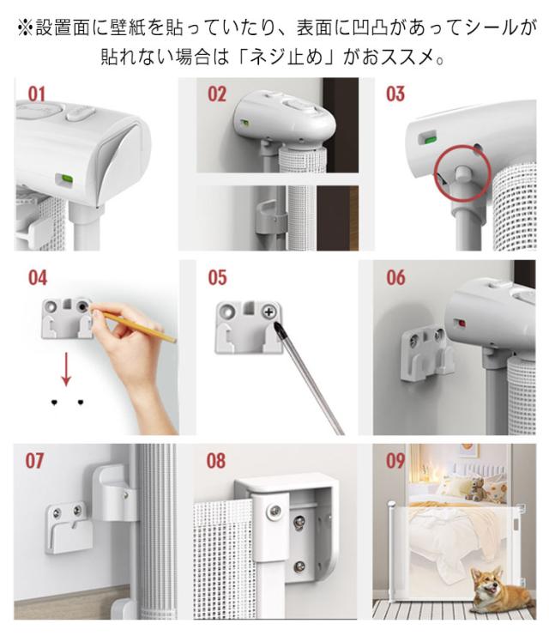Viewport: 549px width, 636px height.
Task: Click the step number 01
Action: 37,94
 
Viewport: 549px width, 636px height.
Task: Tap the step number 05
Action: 217,278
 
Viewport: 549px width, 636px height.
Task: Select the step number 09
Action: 395,461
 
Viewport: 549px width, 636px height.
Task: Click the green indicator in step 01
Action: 65,179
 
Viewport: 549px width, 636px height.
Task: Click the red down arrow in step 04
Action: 66,368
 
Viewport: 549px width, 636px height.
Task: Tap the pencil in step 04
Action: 134,326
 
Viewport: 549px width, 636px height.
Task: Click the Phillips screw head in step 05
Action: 268,312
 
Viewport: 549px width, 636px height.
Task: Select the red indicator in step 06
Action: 462,324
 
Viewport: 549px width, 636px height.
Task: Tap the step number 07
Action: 34,461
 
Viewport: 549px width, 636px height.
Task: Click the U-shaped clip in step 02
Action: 271,218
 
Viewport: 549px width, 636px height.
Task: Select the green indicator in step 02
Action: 244,122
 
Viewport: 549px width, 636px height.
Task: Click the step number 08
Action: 215,461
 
